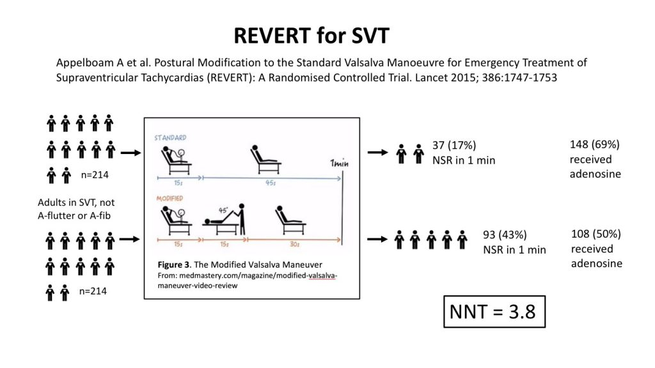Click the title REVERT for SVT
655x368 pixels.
coord(312,36)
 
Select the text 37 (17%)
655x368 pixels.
coord(454,145)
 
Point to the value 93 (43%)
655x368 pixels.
coord(505,234)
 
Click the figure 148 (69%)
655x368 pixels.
coord(594,144)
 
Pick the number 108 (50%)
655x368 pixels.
coord(596,234)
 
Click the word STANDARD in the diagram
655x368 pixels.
coord(170,138)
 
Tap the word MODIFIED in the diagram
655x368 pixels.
coord(170,199)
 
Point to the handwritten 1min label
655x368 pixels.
coord(339,163)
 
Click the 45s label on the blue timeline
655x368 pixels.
coord(271,183)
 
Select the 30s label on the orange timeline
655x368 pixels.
coord(294,244)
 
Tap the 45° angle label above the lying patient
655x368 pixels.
coord(223,210)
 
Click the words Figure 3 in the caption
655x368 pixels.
coord(173,264)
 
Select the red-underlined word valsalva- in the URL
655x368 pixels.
coord(322,275)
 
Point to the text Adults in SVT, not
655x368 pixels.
coord(76,203)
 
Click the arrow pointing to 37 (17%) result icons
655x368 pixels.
coord(378,152)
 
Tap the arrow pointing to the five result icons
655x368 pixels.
coord(377,239)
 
